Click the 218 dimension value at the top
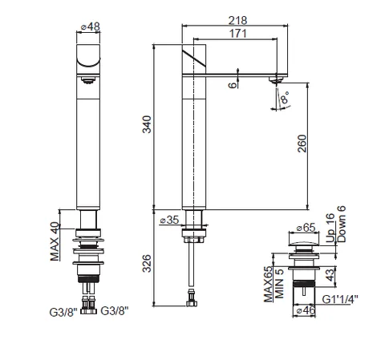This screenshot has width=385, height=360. click(237, 20)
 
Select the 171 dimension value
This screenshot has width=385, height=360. click(237, 34)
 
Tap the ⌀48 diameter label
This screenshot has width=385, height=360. click(91, 26)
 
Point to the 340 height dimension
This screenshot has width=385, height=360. click(147, 124)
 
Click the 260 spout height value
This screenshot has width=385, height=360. click(302, 144)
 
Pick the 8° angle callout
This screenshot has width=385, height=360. click(285, 98)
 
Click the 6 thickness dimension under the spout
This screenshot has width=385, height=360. click(233, 85)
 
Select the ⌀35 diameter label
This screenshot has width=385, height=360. click(169, 220)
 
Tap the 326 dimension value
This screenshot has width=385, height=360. click(147, 264)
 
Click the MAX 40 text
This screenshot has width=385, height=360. click(55, 241)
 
